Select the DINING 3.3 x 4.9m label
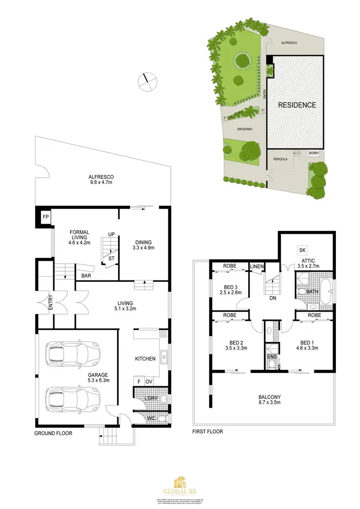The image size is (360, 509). tap(144, 245)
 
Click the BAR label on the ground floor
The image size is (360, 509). tap(86, 276)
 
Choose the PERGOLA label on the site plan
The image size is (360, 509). tap(281, 159)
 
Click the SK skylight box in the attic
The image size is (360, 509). tap(302, 250)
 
